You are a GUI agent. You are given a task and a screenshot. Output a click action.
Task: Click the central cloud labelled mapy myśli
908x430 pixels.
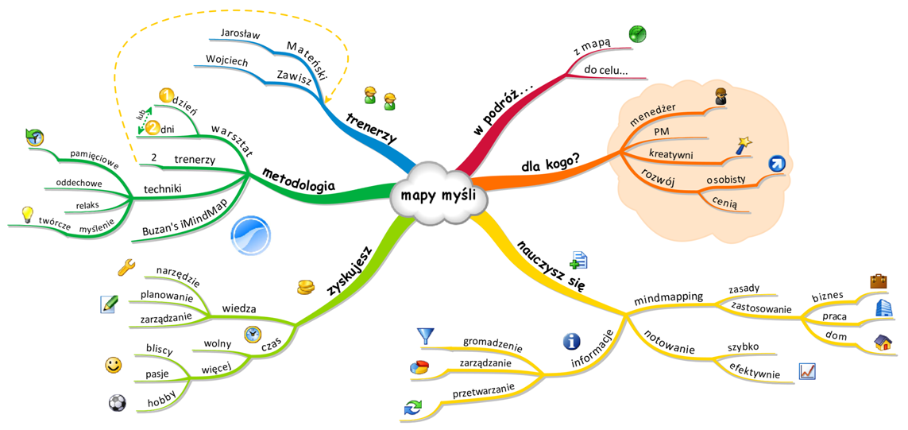pyautogui.click(x=438, y=194)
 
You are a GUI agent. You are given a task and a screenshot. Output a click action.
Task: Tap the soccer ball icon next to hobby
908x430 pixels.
pyautogui.click(x=117, y=402)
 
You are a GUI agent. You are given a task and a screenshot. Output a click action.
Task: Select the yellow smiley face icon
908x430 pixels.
pyautogui.click(x=114, y=365)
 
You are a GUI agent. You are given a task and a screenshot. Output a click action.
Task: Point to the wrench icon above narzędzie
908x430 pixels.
pyautogui.click(x=126, y=267)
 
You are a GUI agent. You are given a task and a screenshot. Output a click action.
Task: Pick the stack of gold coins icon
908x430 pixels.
pyautogui.click(x=307, y=285)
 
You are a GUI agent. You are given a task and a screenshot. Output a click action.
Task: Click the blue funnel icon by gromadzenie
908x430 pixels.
pyautogui.click(x=426, y=336)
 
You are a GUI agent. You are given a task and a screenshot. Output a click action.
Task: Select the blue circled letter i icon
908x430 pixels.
pyautogui.click(x=571, y=342)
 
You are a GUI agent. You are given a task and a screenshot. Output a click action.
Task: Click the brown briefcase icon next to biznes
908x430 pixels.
pyautogui.click(x=879, y=281)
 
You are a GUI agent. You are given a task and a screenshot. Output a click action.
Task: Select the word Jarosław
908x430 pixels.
pyautogui.click(x=241, y=35)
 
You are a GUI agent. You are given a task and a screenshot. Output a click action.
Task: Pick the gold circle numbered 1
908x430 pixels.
pyautogui.click(x=167, y=96)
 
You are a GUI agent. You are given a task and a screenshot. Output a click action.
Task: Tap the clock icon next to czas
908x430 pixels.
pyautogui.click(x=252, y=334)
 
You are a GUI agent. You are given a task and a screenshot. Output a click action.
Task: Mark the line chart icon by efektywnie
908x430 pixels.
pyautogui.click(x=806, y=371)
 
